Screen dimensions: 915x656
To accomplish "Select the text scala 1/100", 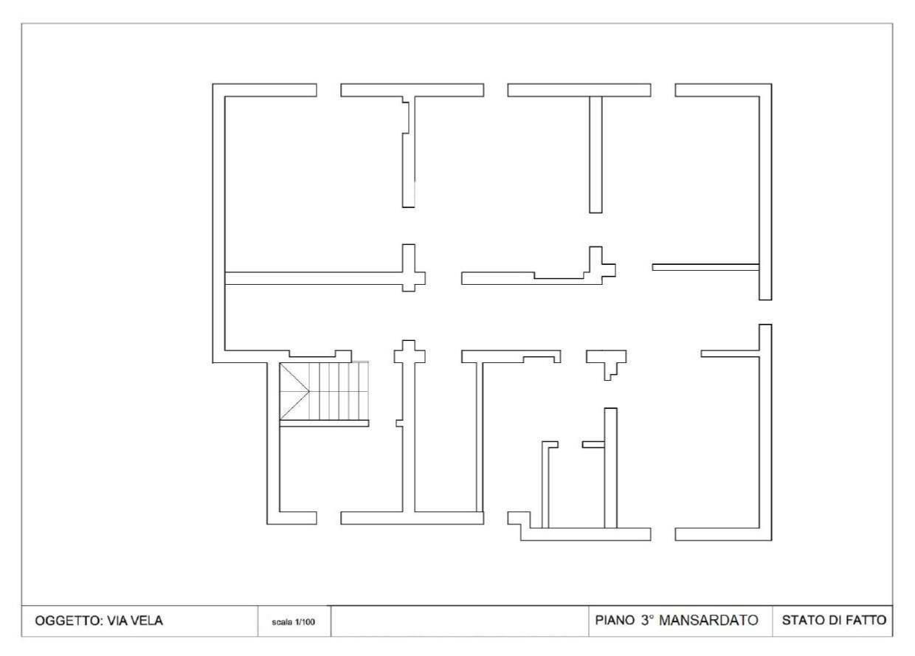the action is coord(293,622).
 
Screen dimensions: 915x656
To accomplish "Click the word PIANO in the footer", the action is coord(615,620).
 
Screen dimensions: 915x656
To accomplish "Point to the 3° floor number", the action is coord(648,620).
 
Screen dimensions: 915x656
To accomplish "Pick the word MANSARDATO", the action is coord(708,620).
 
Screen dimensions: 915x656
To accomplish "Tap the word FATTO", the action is coord(866,620).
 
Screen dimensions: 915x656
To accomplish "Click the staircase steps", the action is coord(339,391).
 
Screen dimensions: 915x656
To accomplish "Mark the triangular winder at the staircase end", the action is coord(294,391).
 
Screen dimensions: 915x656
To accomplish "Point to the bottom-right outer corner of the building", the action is coord(772,540).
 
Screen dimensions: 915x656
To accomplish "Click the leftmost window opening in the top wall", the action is coord(329,90).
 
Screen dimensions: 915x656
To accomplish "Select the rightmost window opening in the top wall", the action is coord(663,90).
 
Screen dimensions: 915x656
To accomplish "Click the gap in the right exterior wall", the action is coord(765,312).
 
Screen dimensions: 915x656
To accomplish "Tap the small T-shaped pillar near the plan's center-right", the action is coord(607,362).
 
